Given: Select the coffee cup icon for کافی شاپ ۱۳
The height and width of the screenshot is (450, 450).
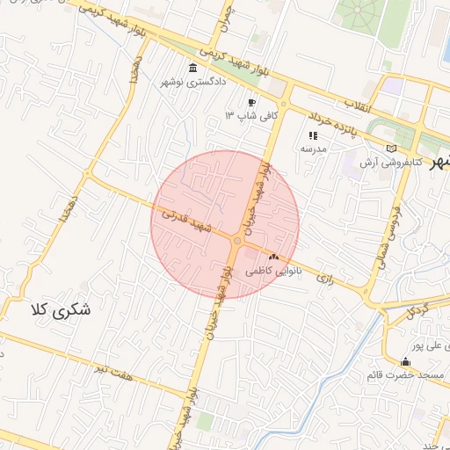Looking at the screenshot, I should point(252,102).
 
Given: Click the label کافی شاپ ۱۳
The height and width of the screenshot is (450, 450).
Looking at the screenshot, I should point(251,115).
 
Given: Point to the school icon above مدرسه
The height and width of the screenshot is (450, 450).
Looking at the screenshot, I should point(313,135).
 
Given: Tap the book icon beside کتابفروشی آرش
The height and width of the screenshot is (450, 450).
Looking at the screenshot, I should point(391,149).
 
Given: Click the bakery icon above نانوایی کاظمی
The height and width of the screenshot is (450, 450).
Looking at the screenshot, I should point(273,257).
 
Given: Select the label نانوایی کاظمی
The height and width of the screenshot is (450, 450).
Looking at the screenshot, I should point(273,271).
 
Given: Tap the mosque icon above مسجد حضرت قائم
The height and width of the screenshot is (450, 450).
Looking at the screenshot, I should point(405,362).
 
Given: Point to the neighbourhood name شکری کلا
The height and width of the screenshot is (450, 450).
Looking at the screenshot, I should point(61,310).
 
